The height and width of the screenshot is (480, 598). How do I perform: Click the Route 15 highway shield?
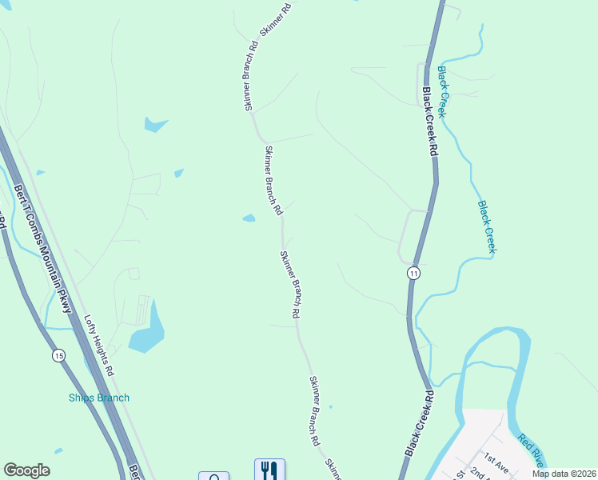(x=59, y=355)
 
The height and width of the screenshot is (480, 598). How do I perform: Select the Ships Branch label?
(x=98, y=398)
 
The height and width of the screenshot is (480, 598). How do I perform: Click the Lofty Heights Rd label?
(x=100, y=345)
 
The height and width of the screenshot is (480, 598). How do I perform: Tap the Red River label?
(x=531, y=450)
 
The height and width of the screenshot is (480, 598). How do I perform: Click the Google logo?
(x=26, y=470)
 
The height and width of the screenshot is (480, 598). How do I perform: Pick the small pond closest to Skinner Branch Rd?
(x=249, y=218)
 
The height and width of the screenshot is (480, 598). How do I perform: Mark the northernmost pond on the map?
(x=155, y=124)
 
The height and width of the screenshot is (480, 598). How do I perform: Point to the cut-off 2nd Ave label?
(x=480, y=474)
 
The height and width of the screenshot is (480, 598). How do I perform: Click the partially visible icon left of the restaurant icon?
(x=213, y=477)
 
